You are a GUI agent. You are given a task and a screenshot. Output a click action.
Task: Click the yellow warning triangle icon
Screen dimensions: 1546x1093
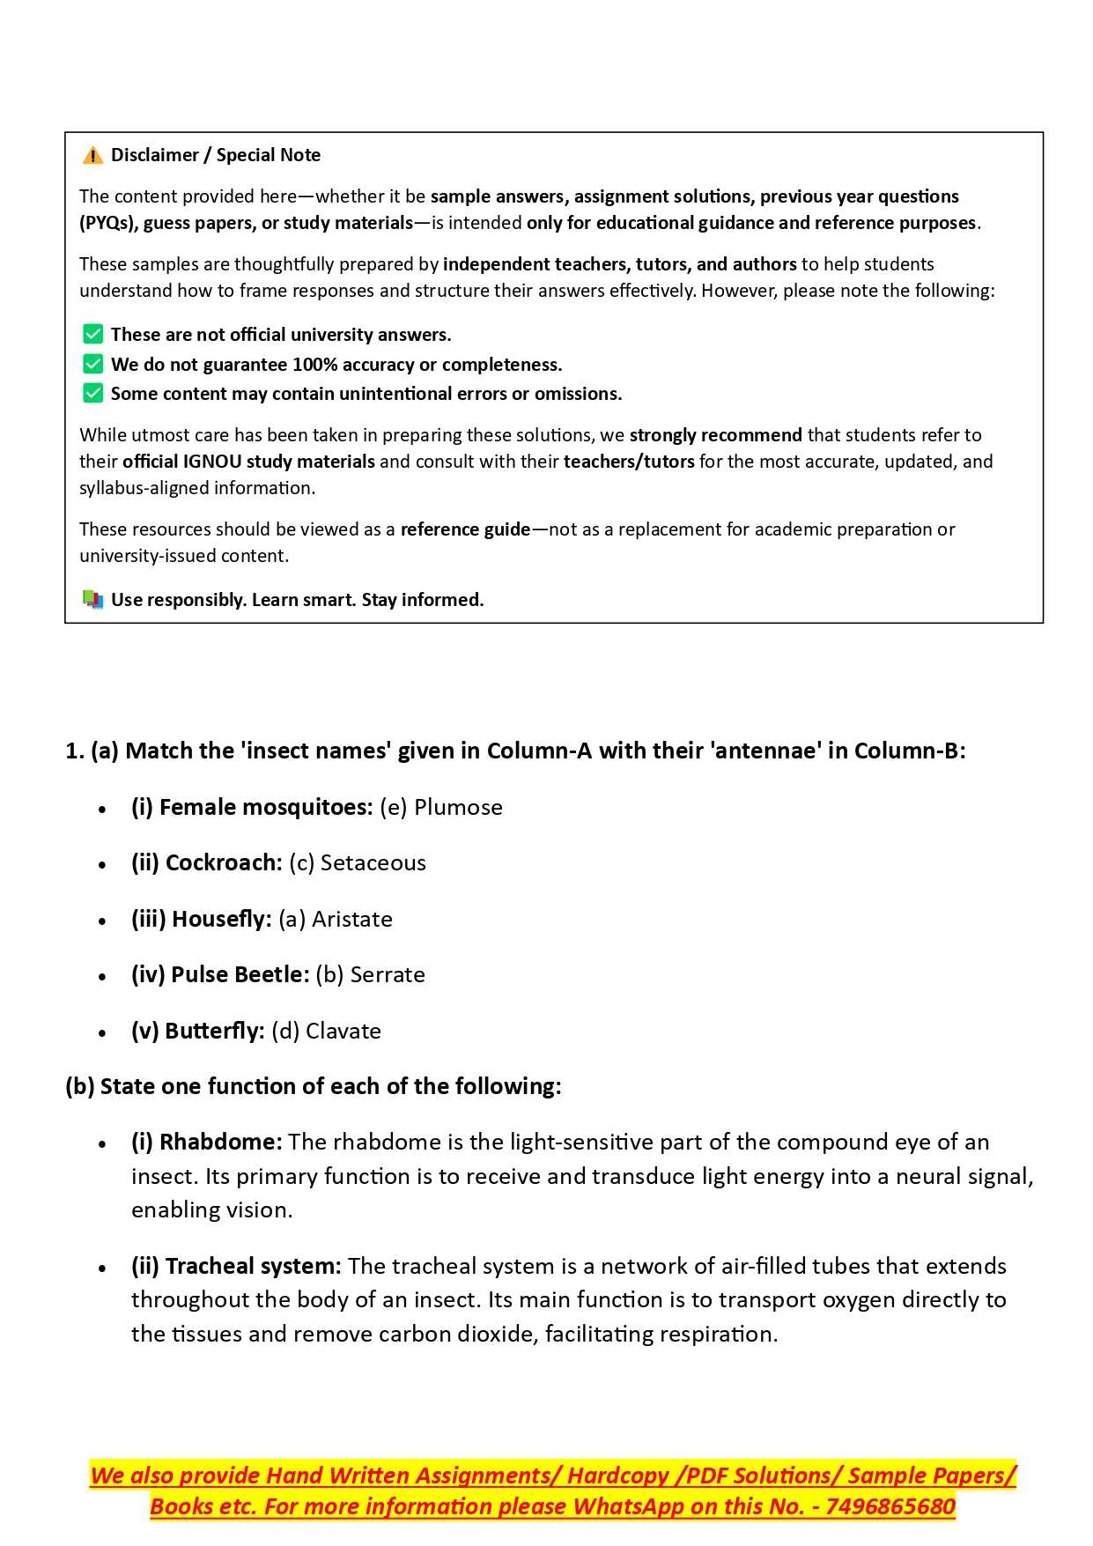coord(92,156)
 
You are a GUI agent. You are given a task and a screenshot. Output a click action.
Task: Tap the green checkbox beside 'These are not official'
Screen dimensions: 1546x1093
coord(92,334)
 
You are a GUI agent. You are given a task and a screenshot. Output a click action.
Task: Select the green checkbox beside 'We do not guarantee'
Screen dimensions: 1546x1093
coord(92,364)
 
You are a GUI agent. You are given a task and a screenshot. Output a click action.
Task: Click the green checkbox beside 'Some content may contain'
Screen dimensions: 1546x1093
coord(92,393)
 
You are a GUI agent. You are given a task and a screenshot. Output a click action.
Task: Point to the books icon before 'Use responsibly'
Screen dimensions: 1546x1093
coord(92,599)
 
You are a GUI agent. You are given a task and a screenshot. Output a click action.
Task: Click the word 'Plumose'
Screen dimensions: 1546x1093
coord(458,807)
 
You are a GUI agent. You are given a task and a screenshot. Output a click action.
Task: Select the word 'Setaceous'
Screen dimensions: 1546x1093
coord(373,862)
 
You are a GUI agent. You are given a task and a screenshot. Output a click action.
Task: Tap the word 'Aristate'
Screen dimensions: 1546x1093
coord(352,919)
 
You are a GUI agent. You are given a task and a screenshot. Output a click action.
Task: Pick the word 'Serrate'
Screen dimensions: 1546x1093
coord(388,974)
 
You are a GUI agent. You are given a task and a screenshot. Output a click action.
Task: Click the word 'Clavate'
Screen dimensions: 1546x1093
coord(343,1031)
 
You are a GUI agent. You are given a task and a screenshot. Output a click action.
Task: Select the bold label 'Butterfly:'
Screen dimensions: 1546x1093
coord(215,1031)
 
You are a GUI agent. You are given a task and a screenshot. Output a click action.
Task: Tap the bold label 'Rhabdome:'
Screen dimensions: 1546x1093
coord(221,1142)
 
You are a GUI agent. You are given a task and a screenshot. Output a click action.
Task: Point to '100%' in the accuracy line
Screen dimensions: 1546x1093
coord(314,364)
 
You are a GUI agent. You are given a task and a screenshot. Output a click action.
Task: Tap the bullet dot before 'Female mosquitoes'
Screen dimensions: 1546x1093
coord(103,809)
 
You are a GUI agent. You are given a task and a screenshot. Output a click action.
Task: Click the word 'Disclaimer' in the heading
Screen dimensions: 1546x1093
coord(155,155)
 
